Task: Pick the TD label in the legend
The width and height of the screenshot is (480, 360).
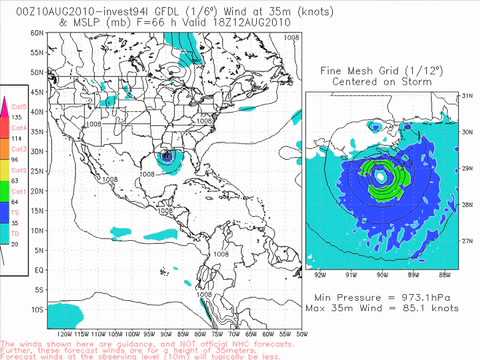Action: pos(16,231)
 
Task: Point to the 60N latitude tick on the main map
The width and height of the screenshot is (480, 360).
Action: pos(37,33)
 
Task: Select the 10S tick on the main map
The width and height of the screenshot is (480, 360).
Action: pos(37,309)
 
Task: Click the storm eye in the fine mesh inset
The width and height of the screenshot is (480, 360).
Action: pos(381,177)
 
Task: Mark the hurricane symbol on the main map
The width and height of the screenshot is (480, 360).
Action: pos(167,156)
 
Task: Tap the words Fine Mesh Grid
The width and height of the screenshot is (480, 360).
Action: pos(353,71)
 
